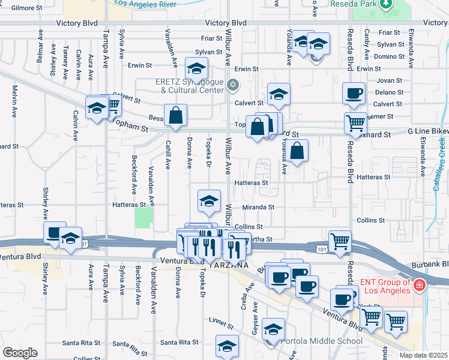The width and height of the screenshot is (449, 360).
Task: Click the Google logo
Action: [x=20, y=353]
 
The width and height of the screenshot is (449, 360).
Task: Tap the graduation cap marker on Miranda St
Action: [x=208, y=202]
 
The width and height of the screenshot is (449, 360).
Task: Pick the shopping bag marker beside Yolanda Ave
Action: [x=297, y=152]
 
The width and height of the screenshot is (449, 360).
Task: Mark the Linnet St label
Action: [x=220, y=326]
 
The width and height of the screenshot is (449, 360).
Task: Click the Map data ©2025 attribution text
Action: [x=423, y=355]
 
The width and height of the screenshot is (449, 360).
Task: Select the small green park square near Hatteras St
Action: [x=143, y=217]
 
